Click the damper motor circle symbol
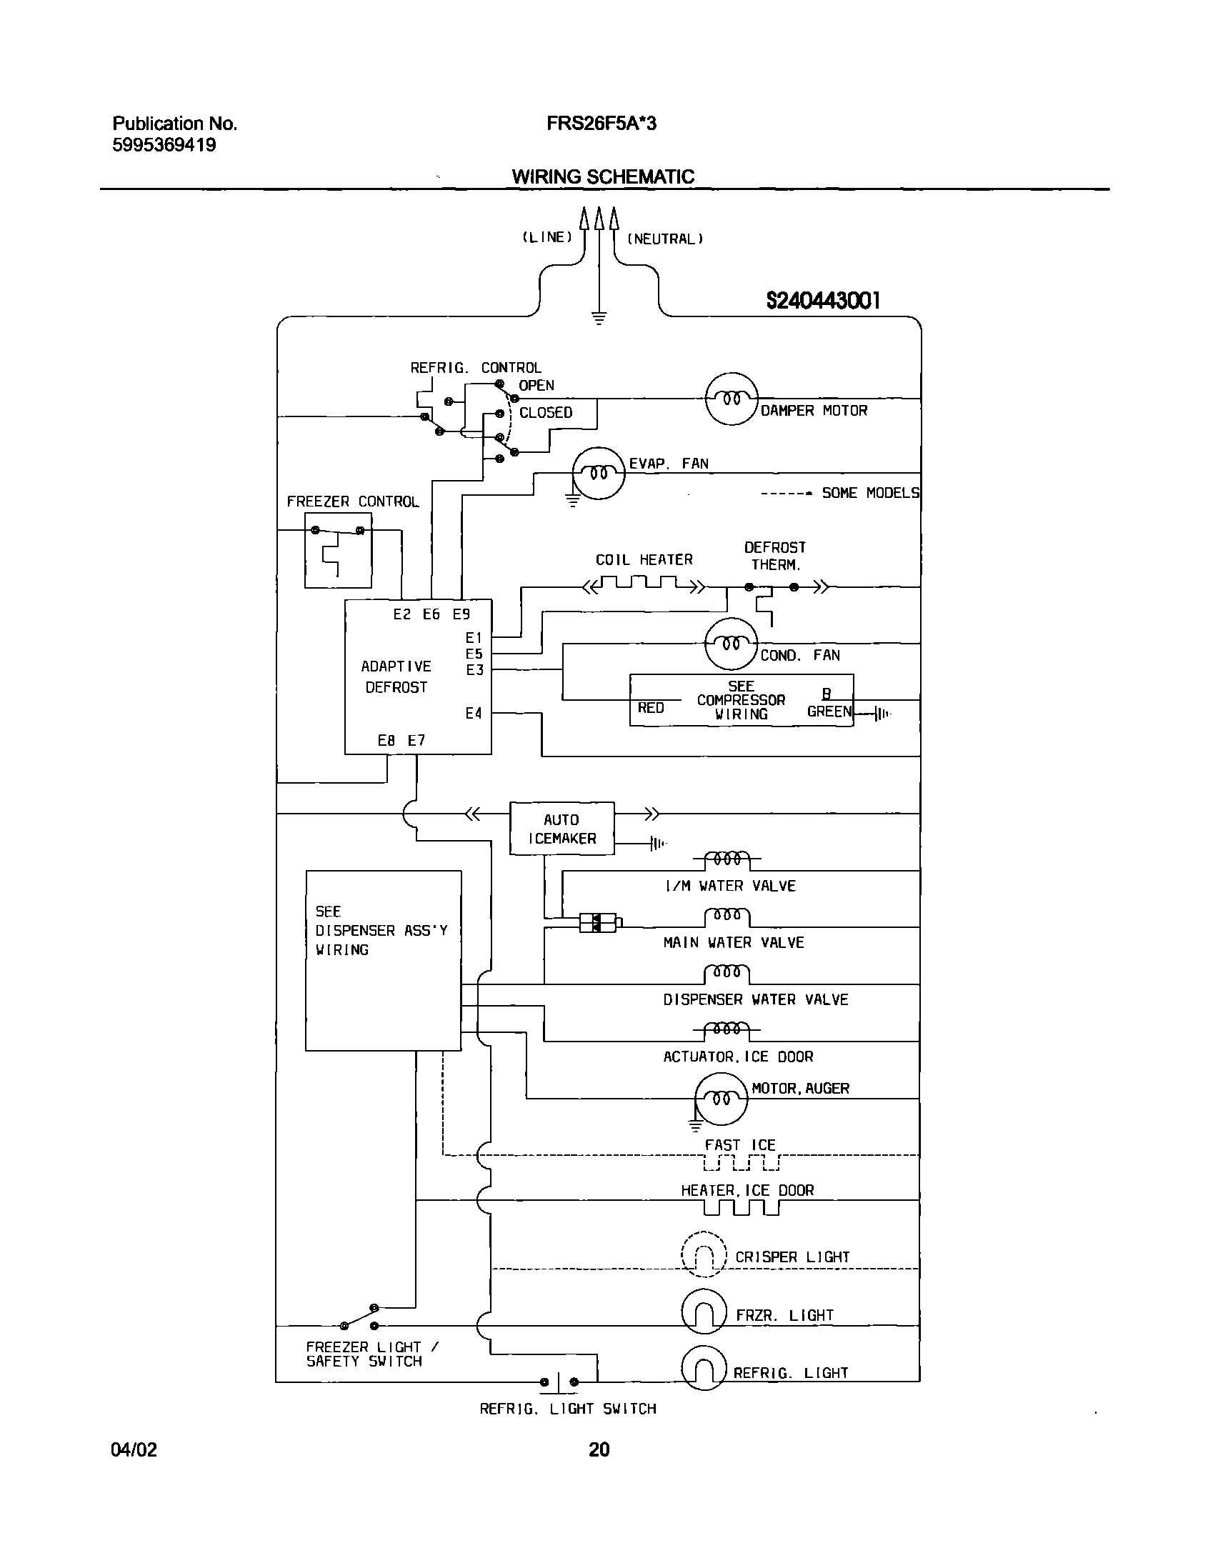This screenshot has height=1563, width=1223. [731, 399]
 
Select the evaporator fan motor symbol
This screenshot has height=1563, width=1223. [599, 474]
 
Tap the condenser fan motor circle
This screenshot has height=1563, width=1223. [731, 644]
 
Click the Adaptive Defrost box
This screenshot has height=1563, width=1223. [417, 676]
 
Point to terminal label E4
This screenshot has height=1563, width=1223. [474, 713]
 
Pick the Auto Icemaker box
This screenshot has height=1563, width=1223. [561, 829]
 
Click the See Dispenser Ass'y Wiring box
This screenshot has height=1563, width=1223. [383, 961]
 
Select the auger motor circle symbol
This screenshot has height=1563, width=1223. [721, 1099]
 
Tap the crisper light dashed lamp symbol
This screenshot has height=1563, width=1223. [704, 1254]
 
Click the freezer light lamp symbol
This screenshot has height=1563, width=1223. [704, 1312]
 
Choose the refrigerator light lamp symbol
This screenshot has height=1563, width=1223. [704, 1368]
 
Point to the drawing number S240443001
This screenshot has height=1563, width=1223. [823, 301]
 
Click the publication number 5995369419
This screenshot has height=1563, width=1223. [164, 145]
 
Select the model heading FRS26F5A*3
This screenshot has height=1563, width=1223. [601, 124]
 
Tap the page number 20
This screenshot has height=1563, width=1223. [599, 1450]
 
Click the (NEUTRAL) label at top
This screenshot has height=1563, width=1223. [665, 239]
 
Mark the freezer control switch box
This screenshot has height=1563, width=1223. [338, 550]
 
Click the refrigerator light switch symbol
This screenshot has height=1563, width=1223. [559, 1382]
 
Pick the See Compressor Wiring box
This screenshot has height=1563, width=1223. [741, 700]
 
